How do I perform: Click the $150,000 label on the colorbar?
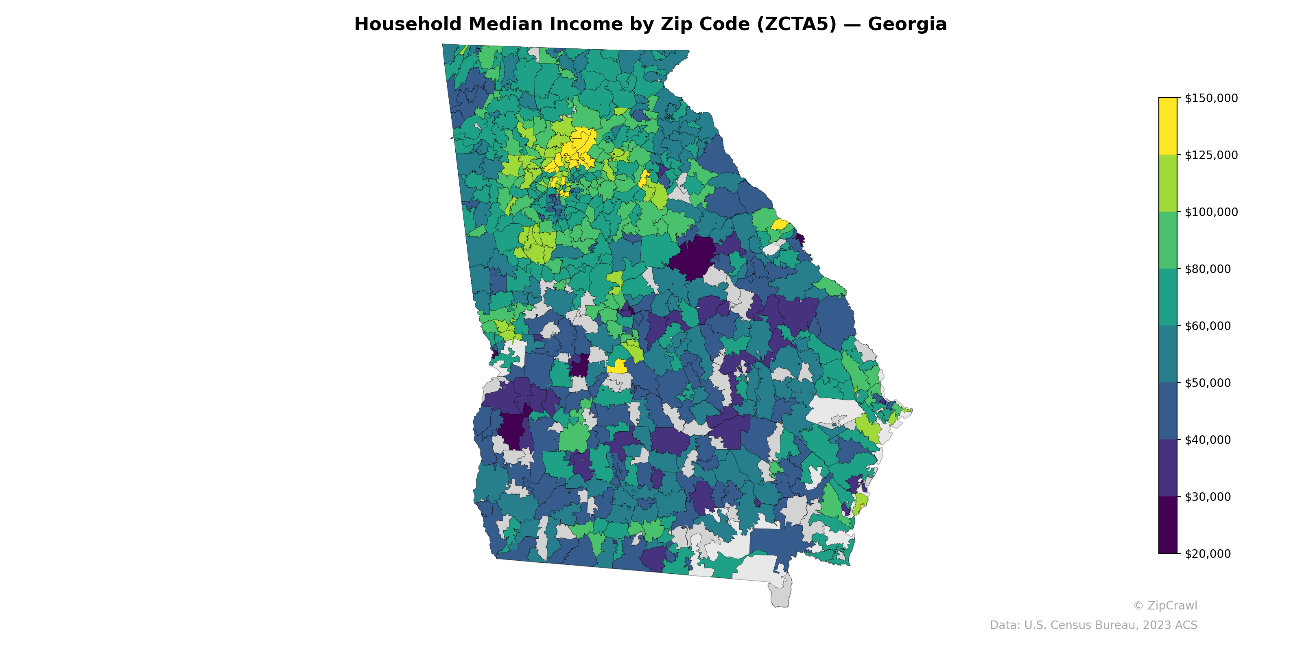[1211, 98]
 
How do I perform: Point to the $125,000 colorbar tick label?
[1211, 155]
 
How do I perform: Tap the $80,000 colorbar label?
[1208, 269]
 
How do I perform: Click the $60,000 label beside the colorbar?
[1208, 326]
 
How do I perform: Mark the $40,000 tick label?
[1208, 440]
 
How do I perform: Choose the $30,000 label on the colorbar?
[1208, 497]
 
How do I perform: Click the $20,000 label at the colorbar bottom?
[1208, 554]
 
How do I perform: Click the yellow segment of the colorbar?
[1168, 127]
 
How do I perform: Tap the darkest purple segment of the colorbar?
[1168, 526]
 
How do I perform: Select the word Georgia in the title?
[907, 24]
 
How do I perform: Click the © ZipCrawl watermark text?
[1165, 605]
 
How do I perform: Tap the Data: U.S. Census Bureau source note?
[1093, 625]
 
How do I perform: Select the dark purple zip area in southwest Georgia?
[511, 430]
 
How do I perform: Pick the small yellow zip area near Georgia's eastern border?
[779, 225]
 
